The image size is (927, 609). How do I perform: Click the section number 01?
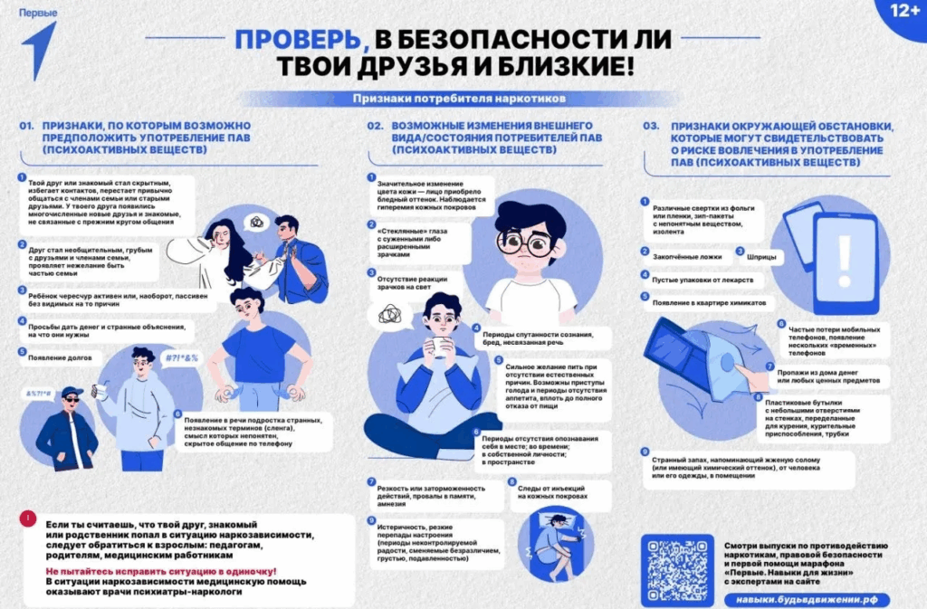point(26,126)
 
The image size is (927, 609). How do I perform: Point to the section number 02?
point(375,126)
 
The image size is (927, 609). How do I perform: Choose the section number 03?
point(651,126)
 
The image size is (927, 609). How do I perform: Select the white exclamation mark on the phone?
point(845,258)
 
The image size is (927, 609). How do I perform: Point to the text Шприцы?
point(763,256)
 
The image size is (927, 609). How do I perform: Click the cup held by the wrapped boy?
point(441,347)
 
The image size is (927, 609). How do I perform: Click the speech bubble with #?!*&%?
point(183,357)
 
